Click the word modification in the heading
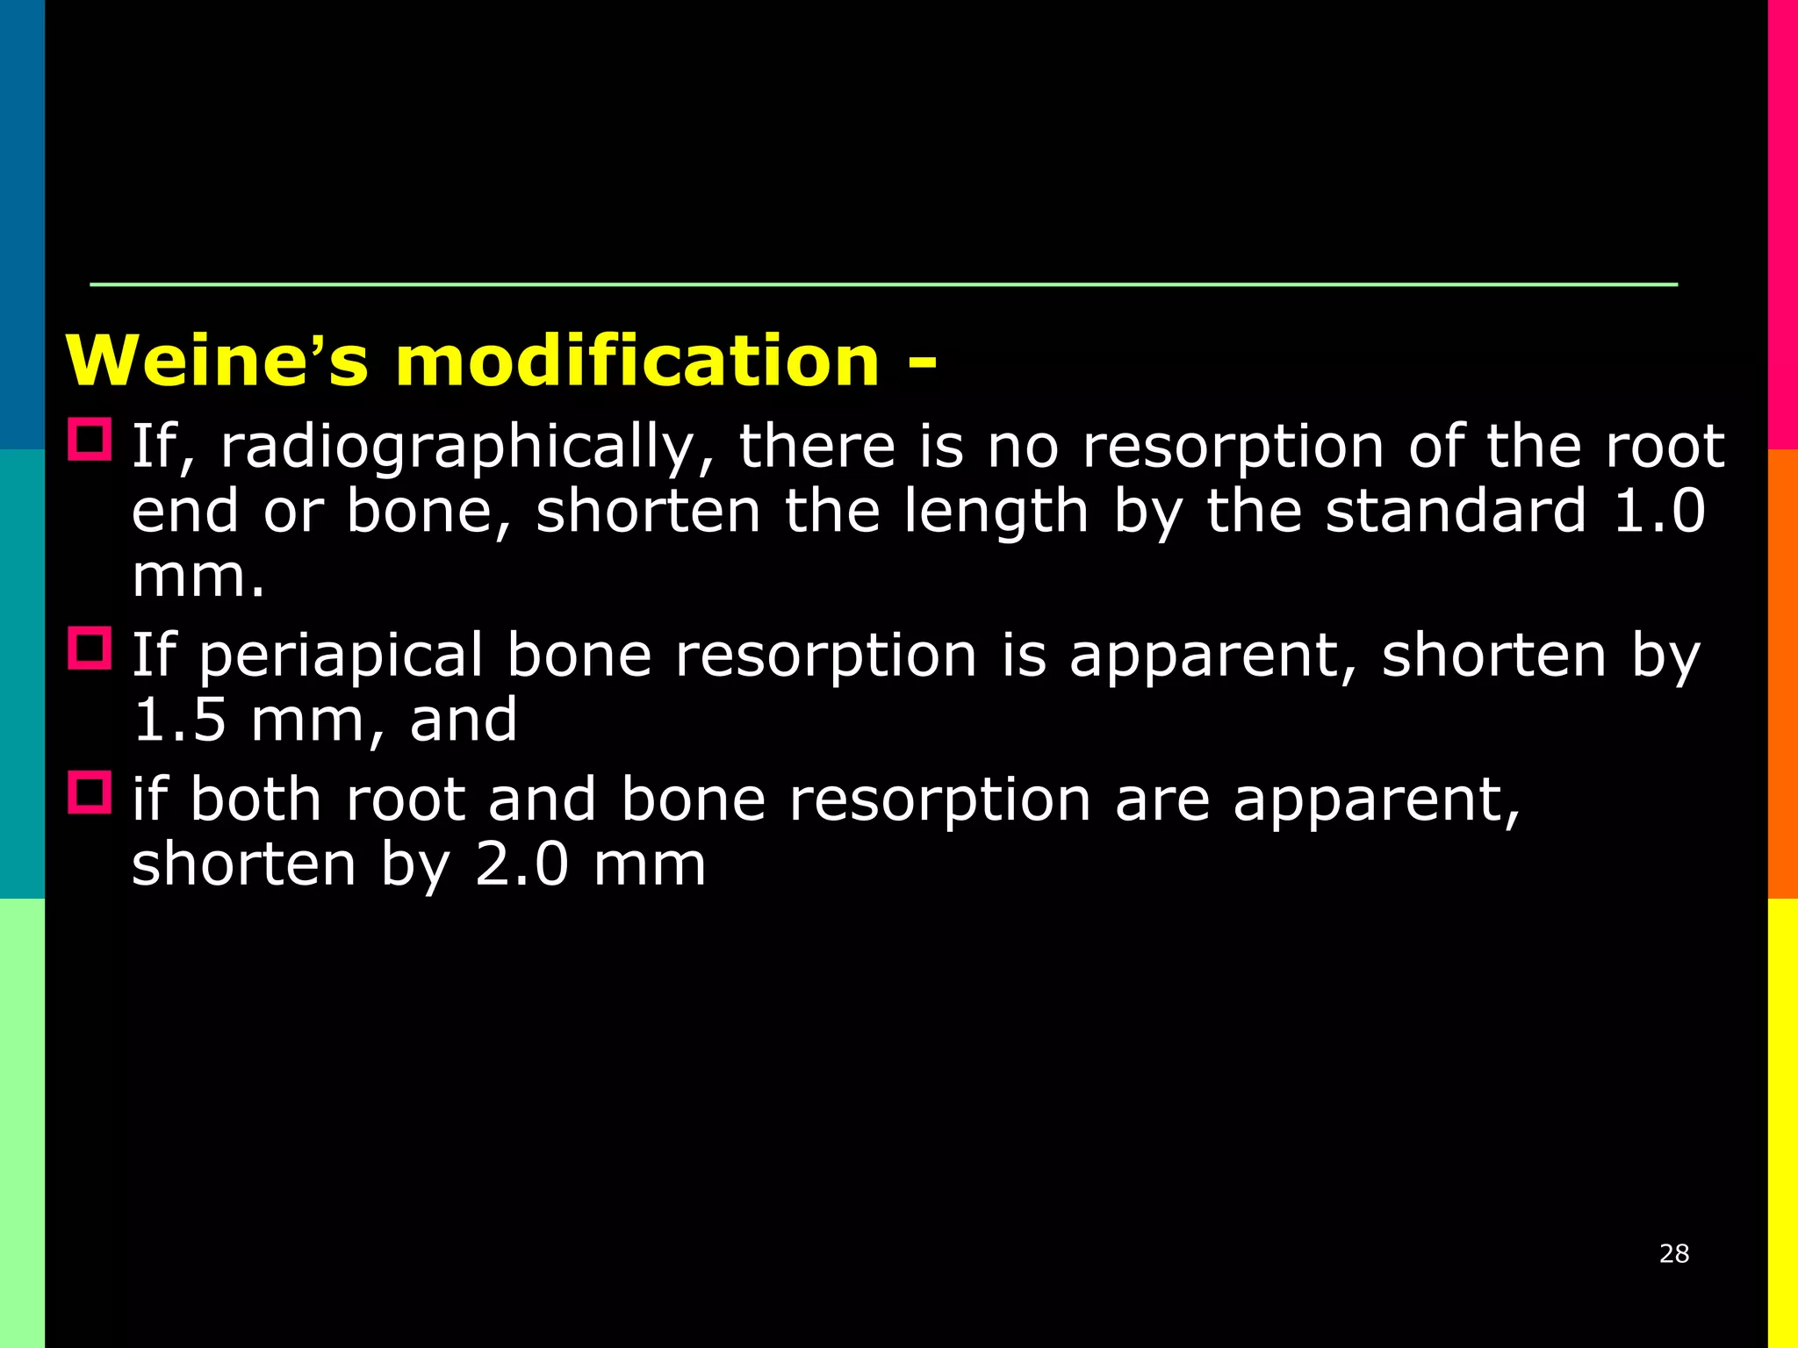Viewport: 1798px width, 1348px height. click(637, 361)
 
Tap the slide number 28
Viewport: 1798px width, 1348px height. click(1674, 1253)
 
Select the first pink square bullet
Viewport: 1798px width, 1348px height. click(90, 440)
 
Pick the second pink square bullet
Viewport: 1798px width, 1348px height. click(90, 649)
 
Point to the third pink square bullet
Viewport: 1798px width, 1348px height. click(90, 792)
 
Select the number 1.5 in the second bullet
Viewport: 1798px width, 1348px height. click(179, 721)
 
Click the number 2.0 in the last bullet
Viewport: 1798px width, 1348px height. click(522, 865)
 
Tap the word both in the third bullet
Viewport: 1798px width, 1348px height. click(255, 800)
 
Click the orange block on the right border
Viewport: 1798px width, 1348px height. click(1782, 674)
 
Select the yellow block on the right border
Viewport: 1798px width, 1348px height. click(1782, 1123)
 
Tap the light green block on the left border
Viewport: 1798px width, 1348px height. click(22, 1123)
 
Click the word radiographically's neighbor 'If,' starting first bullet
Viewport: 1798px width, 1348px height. click(162, 448)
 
